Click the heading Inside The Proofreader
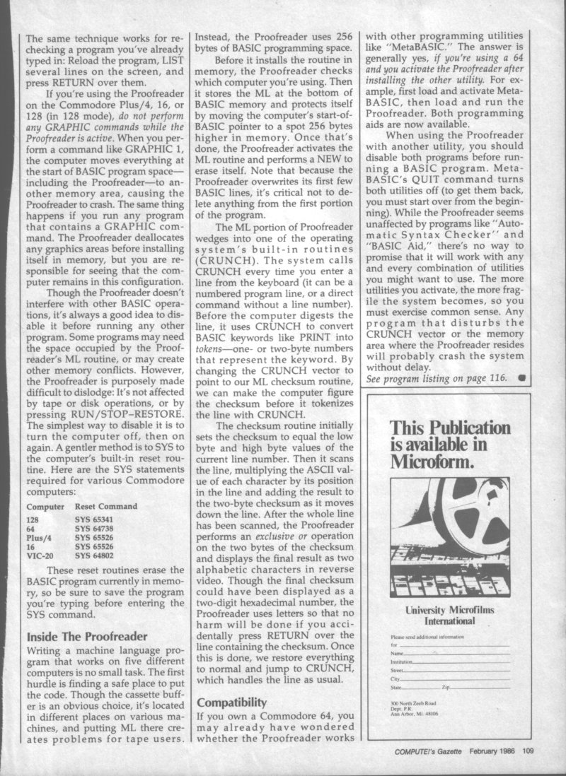[87, 637]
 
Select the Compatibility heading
[233, 702]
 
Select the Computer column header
[46, 507]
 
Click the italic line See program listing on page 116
[437, 378]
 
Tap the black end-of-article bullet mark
[521, 378]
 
